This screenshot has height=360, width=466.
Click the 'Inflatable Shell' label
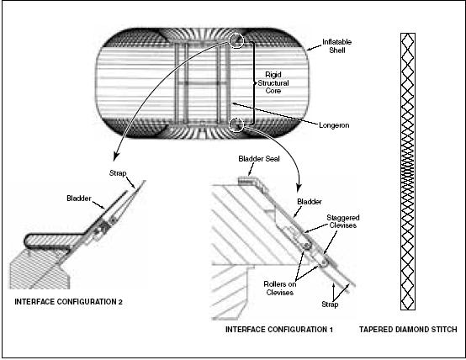coord(336,46)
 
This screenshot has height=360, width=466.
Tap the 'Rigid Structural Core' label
coord(273,82)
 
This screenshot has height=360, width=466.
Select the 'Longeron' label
coord(334,125)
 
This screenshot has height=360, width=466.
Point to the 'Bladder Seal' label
coord(259,159)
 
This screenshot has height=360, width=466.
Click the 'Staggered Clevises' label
coord(343,221)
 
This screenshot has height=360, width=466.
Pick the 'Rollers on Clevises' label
coord(279,289)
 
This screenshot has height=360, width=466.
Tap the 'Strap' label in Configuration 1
coord(330,304)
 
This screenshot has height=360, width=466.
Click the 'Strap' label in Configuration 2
coord(118,173)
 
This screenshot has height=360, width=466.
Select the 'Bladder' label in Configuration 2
coord(79,199)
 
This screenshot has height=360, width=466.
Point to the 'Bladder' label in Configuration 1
coord(310,202)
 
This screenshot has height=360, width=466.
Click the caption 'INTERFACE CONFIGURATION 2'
coord(68,302)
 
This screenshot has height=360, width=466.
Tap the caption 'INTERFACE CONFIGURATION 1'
coord(279,330)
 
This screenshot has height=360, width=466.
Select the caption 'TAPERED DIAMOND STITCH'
coord(408,330)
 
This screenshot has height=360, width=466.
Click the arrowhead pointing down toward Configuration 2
coord(116,156)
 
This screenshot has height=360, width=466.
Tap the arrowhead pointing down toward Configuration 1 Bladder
coord(299,188)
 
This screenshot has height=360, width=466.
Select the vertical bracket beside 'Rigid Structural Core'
coord(254,83)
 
